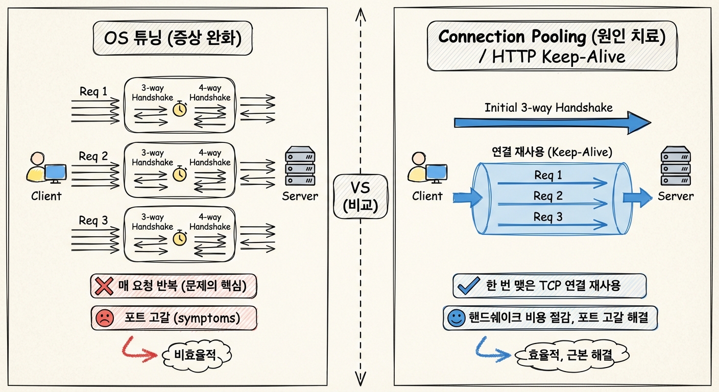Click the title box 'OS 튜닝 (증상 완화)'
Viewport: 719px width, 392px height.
(x=172, y=38)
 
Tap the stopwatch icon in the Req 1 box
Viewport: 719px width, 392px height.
(x=180, y=109)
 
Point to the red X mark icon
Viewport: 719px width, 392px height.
(x=104, y=286)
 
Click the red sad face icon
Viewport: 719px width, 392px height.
(x=104, y=318)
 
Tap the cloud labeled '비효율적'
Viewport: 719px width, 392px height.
(x=196, y=353)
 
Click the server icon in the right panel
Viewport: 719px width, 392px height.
(x=675, y=166)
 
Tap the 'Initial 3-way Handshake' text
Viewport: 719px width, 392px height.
(x=548, y=108)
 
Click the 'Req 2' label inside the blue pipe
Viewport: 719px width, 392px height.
(x=548, y=195)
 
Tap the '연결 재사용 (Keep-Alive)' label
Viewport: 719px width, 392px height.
(x=552, y=152)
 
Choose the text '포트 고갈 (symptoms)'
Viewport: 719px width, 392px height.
(x=182, y=318)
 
